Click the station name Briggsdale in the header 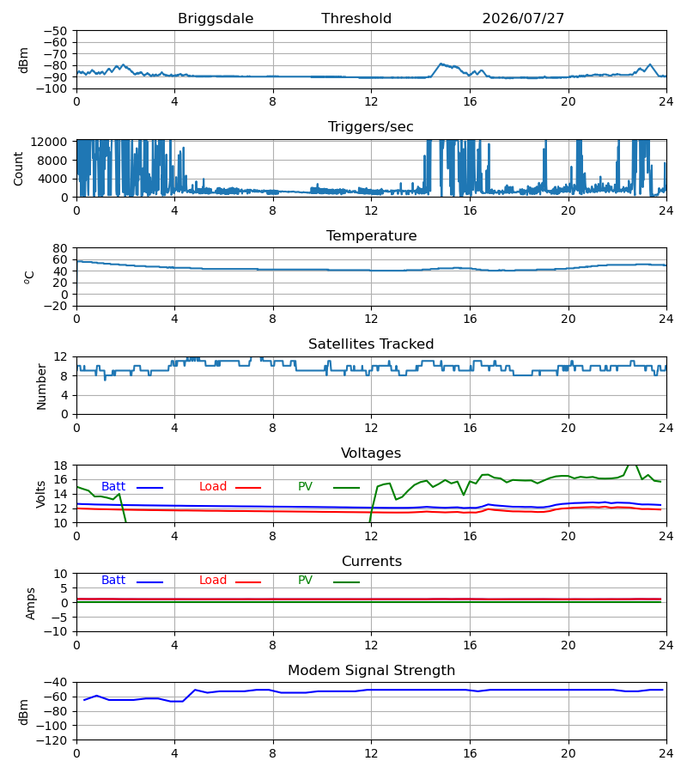pos(216,19)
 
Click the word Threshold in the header pos(356,19)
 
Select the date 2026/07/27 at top pos(523,19)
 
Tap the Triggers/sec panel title pos(371,127)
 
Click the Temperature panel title pos(371,235)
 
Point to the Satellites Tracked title pos(371,344)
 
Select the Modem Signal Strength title pos(371,671)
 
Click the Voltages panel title pos(371,453)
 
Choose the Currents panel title pos(372,562)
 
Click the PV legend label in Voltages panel pos(305,487)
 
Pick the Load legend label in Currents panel pos(213,581)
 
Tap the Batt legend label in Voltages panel pos(113,487)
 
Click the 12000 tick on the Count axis pos(49,142)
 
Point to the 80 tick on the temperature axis pos(59,248)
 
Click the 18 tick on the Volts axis pos(59,466)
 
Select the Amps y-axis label pos(31,603)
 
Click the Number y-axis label pos(41,387)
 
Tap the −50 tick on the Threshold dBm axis pos(55,31)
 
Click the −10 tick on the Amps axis pos(55,631)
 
